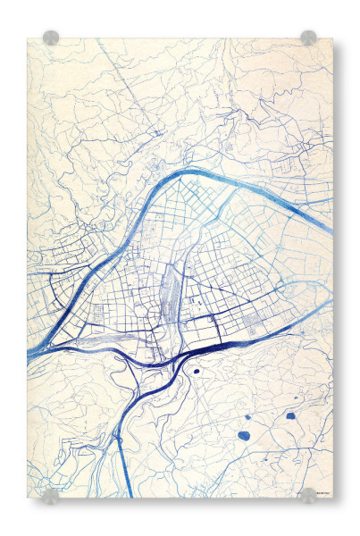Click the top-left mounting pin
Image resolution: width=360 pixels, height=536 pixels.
(51, 38)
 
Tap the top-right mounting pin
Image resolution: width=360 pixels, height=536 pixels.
(308, 38)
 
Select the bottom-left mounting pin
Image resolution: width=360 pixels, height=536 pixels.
(51, 496)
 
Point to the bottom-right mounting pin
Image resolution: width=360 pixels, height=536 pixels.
(308, 495)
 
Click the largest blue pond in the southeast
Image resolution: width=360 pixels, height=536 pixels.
(244, 436)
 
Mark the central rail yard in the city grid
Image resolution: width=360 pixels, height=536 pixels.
(169, 291)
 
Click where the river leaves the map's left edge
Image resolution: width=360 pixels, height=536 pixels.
(30, 354)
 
